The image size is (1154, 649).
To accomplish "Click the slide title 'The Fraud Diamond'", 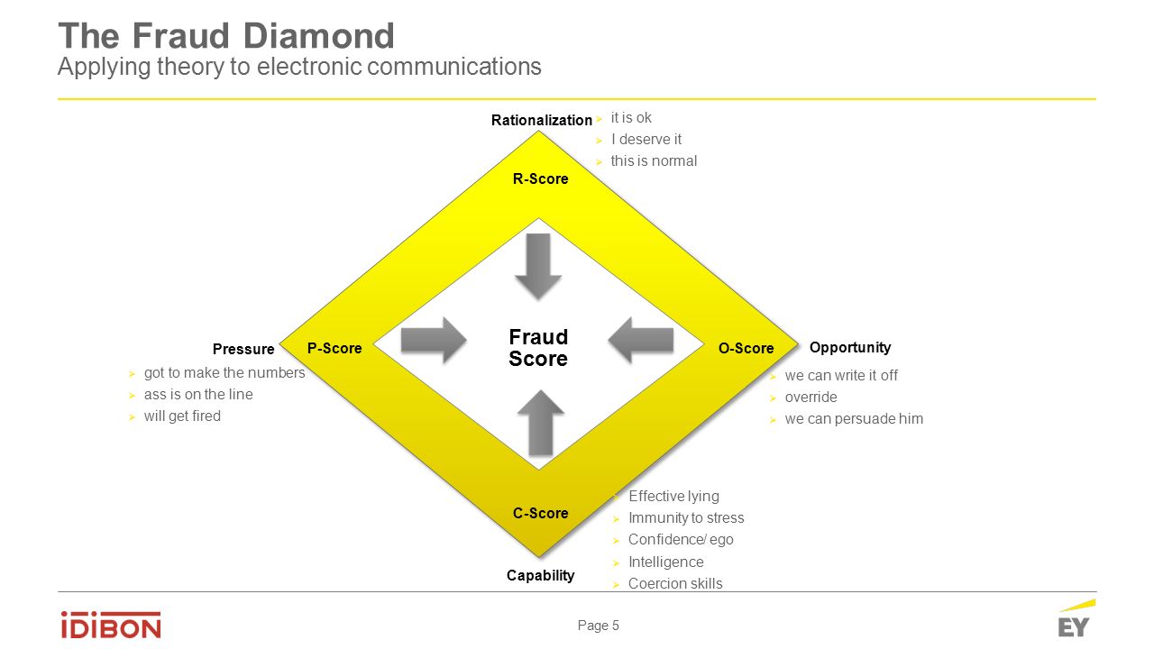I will (x=226, y=36).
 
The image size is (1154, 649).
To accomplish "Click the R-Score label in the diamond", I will (x=540, y=179).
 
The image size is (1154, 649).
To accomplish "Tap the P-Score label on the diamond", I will (x=334, y=349).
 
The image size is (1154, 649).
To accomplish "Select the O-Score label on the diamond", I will (x=746, y=349).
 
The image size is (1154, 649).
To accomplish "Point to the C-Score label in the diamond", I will (x=540, y=514).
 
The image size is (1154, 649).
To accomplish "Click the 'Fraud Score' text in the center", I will (x=538, y=348).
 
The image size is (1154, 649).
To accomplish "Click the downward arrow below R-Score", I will (x=538, y=266).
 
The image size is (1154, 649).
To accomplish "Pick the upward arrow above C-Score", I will (x=540, y=422).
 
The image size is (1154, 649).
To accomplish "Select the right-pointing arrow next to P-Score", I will (x=433, y=340).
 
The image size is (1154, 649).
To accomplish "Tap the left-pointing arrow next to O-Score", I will (x=641, y=340).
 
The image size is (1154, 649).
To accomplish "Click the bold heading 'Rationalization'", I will (x=541, y=120).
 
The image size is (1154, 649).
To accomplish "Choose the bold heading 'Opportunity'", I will (x=850, y=347).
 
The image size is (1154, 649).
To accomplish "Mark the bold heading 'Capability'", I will (x=540, y=575).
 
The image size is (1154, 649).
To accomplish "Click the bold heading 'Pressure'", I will (x=243, y=350).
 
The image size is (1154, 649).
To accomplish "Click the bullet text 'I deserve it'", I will (x=646, y=140).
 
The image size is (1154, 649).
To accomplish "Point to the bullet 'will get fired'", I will (x=182, y=416).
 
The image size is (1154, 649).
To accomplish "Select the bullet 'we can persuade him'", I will (x=854, y=419).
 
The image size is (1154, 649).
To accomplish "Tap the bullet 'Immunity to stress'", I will (x=686, y=518).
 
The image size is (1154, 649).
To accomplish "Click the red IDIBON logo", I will (x=111, y=625).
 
